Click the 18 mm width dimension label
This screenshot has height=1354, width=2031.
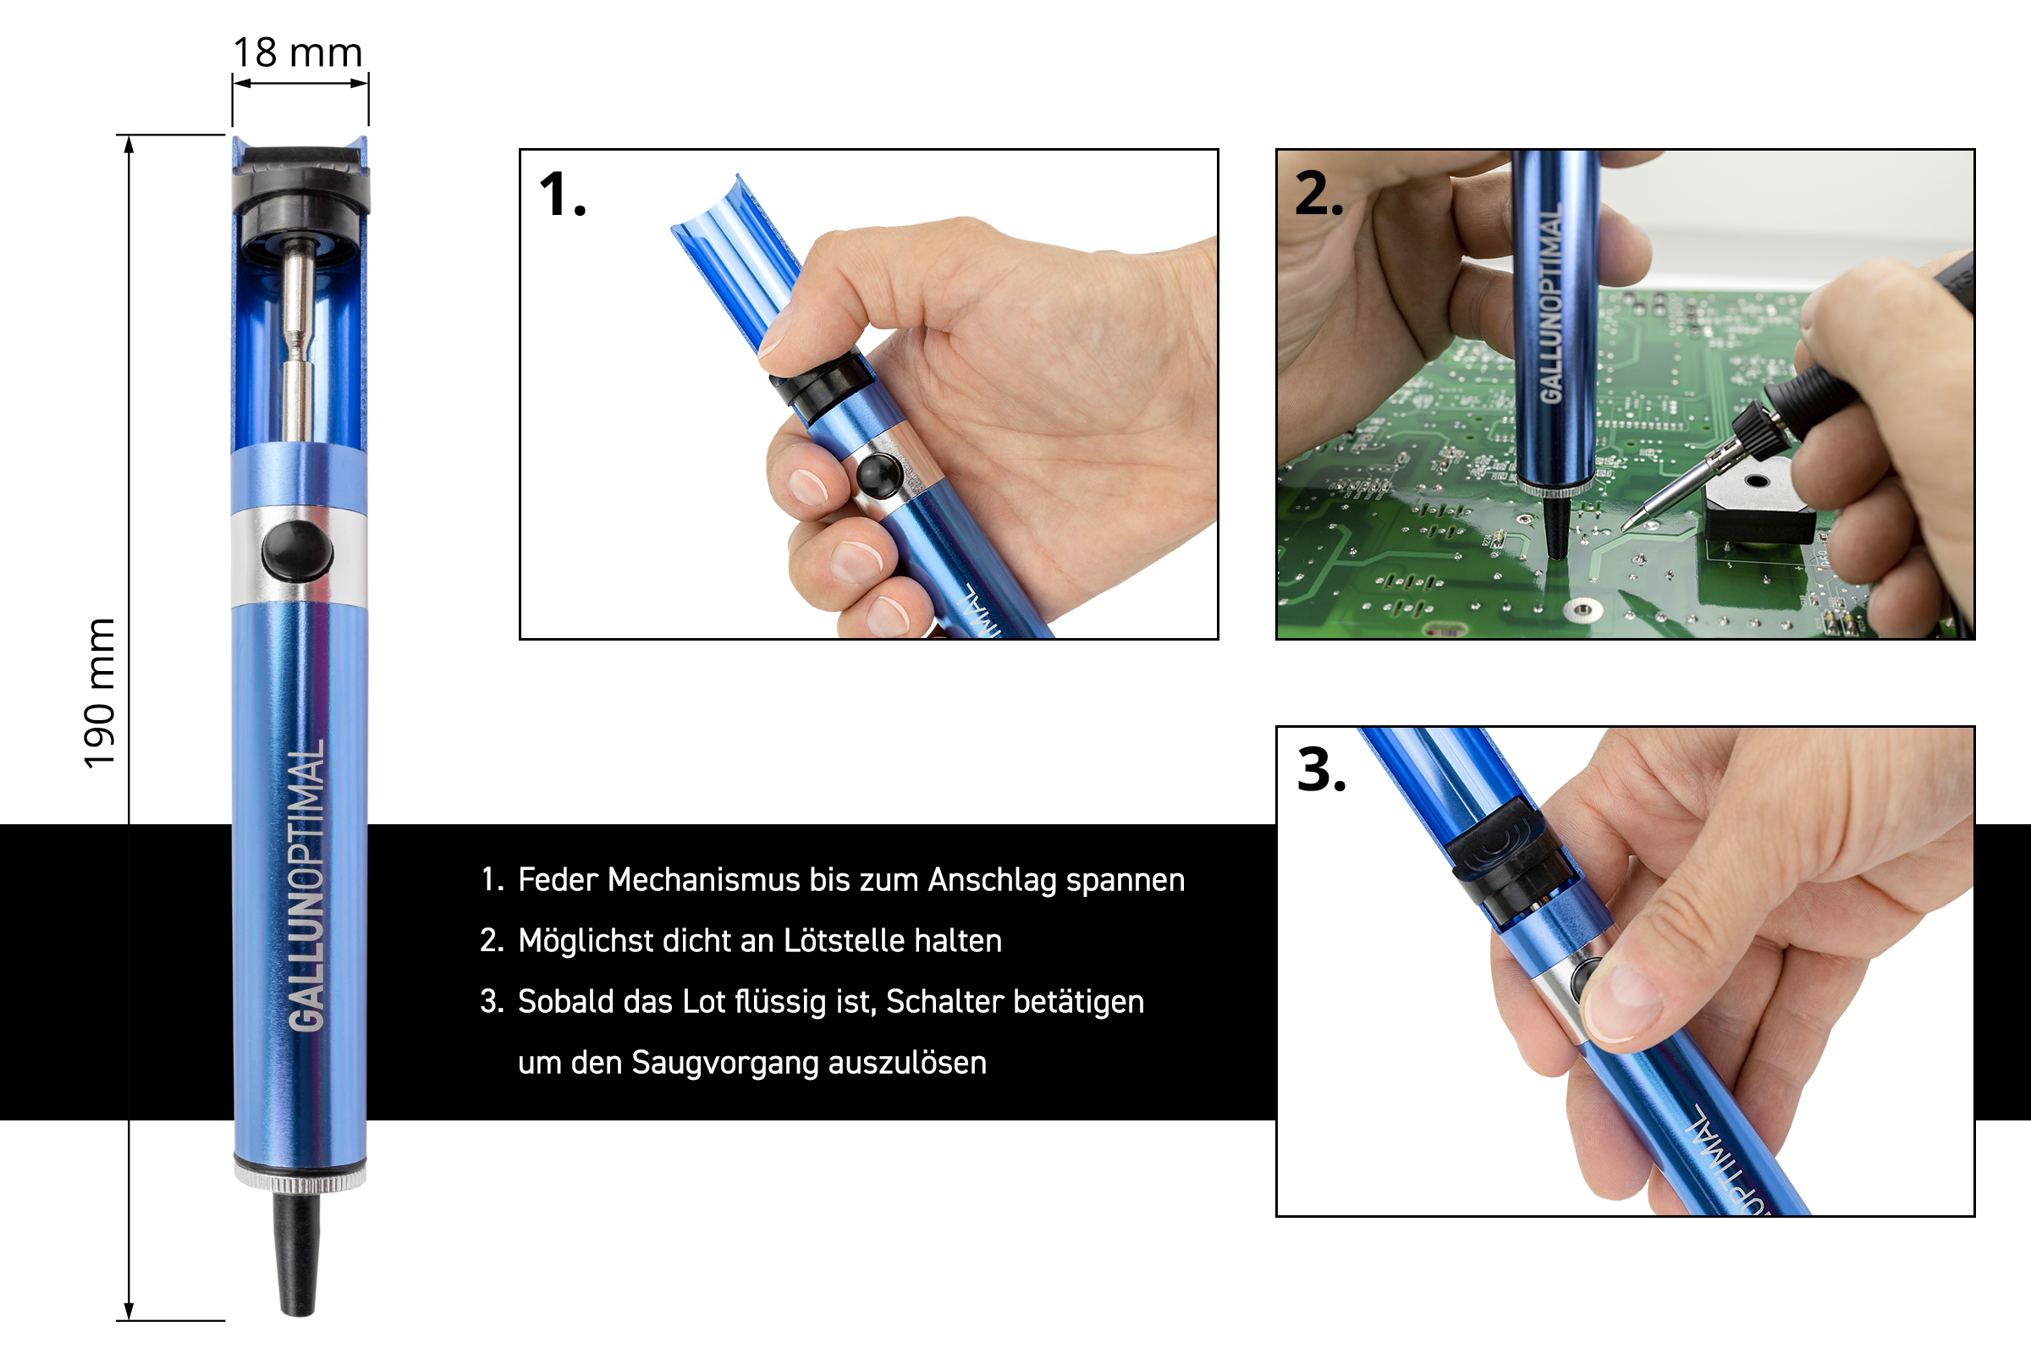tap(298, 52)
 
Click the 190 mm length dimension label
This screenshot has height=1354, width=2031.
tap(99, 693)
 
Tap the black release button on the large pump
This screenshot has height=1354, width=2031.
tap(297, 550)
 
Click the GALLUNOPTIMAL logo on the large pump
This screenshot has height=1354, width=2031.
tap(306, 885)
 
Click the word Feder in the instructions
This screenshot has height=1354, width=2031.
tap(558, 880)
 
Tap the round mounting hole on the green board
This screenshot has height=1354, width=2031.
tap(1582, 610)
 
